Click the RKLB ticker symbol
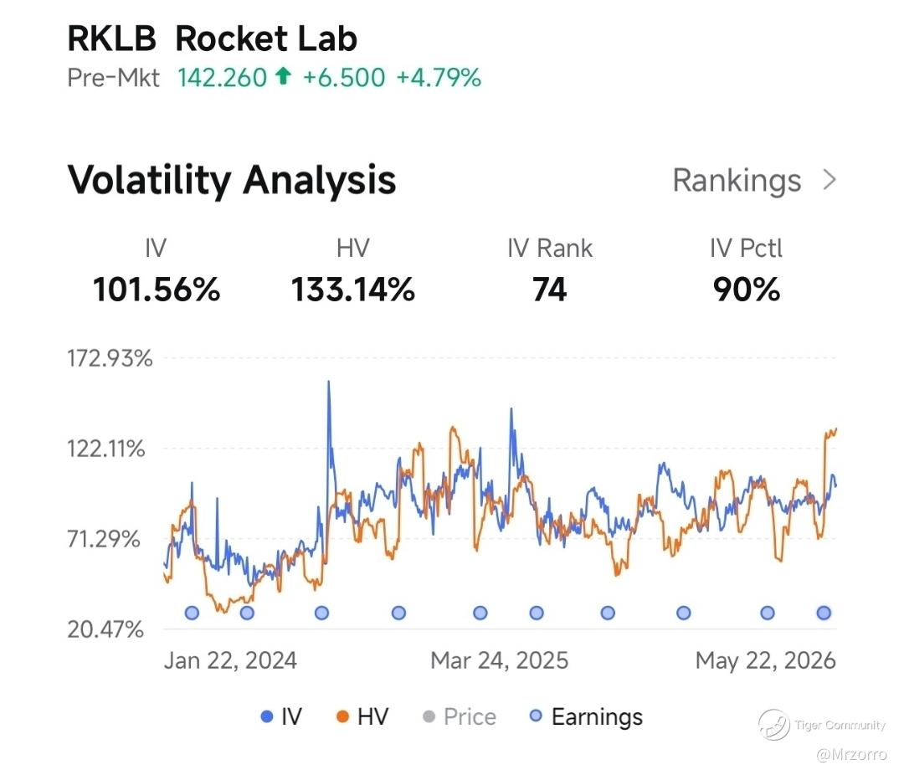point(112,38)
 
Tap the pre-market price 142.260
point(222,78)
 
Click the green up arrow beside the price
point(283,76)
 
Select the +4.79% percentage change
point(439,78)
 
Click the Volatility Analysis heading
point(232,181)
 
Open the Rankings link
point(737,181)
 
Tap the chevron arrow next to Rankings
point(830,180)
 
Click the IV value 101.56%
point(157,289)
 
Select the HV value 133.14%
point(353,289)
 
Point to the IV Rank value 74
point(549,289)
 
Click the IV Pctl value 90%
point(747,289)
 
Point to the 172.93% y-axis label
point(110,359)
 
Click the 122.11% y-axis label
point(106,449)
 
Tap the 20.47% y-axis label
point(105,629)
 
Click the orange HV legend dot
point(342,716)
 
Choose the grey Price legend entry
point(460,716)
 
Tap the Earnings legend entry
point(586,716)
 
